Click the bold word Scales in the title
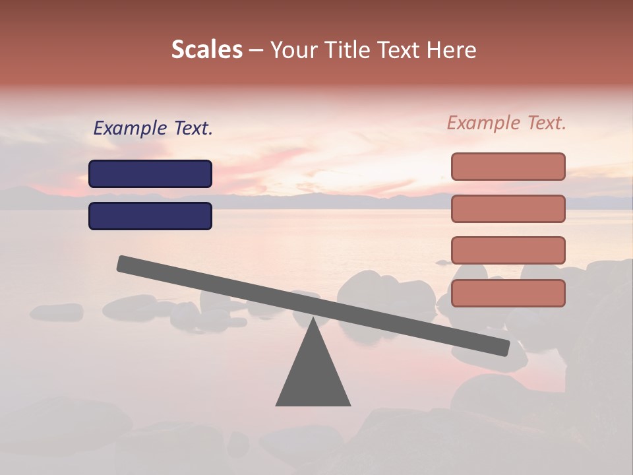pos(206,49)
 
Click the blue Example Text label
pos(153,129)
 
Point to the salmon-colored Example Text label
pos(506,123)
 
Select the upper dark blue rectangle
pos(150,174)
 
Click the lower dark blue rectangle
pos(150,216)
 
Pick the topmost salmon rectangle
pos(508,166)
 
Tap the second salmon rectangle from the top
pos(508,208)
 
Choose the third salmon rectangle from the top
pos(508,250)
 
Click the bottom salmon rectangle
pos(508,293)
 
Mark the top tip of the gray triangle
pos(313,318)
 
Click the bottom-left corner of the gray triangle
pos(277,404)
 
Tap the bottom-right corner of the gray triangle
pos(349,404)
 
